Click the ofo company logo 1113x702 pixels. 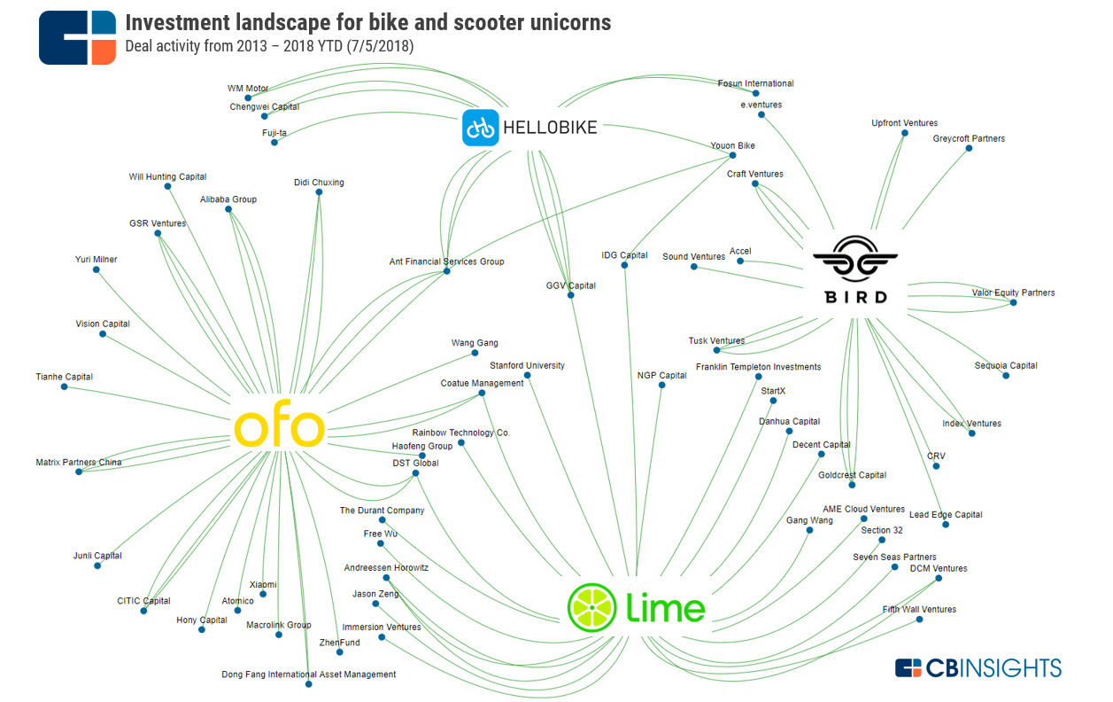279,428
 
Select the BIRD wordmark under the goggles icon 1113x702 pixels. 855,297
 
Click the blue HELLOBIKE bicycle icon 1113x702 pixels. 481,128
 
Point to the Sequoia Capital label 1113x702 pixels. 1006,365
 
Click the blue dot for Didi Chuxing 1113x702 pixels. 319,192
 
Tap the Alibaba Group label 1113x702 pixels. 228,199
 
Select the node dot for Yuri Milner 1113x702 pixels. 97,269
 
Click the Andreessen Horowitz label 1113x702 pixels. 386,567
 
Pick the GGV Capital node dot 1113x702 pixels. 571,295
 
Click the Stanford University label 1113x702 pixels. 527,365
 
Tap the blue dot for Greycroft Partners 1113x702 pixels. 969,148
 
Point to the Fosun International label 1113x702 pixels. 755,83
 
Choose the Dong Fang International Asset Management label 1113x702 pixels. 308,675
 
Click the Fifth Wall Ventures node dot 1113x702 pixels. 919,620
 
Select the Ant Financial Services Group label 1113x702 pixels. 446,261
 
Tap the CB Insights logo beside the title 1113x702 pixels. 77,38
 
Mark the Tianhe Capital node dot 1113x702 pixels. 64,386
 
